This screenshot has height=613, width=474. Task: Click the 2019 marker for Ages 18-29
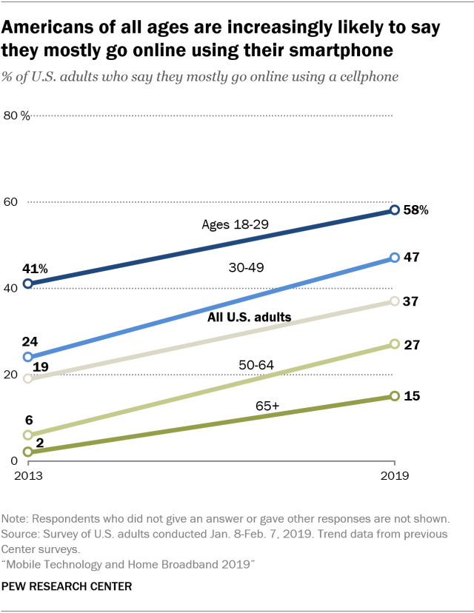click(x=395, y=210)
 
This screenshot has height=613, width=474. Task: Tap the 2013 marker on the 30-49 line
click(x=28, y=357)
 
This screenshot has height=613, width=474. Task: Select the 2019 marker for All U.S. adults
click(x=395, y=301)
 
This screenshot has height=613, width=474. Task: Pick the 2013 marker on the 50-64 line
click(x=28, y=435)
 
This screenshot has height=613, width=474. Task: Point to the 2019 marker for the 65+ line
click(x=395, y=396)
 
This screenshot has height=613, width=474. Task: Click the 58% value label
click(x=417, y=210)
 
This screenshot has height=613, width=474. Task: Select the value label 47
click(x=413, y=258)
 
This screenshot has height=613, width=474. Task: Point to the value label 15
click(x=413, y=396)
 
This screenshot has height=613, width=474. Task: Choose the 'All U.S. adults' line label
click(x=250, y=317)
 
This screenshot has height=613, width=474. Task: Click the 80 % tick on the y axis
click(x=16, y=115)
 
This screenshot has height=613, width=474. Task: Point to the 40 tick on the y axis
click(x=11, y=288)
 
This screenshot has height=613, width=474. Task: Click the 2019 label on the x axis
click(x=395, y=477)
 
